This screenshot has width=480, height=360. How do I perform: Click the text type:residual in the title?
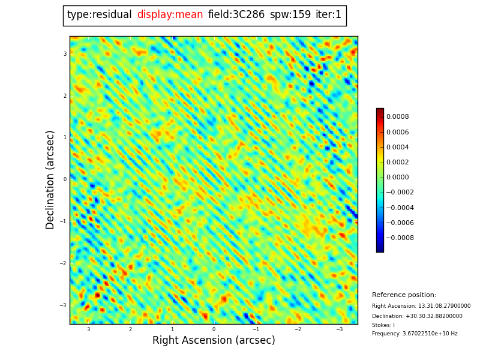[99, 15]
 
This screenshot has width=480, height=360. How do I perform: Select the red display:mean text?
[170, 15]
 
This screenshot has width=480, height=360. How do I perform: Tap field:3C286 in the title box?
[236, 15]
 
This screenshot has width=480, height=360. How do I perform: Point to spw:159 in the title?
[290, 15]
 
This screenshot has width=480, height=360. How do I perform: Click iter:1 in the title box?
[328, 15]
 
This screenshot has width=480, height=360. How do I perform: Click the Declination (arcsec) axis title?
[51, 179]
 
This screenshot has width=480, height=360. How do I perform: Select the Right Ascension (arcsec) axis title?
[214, 341]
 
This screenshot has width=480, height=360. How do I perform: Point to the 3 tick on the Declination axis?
[65, 54]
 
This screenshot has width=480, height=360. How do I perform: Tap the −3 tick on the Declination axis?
[64, 305]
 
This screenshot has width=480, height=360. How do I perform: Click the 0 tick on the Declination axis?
[65, 179]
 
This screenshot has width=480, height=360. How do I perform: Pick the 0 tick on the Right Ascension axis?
[214, 329]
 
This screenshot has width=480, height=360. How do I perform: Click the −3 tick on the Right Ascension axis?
[339, 329]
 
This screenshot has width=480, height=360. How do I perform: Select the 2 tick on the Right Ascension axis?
[130, 329]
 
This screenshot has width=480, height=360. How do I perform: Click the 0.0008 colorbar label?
[397, 117]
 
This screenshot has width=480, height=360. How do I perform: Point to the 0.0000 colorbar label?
[397, 178]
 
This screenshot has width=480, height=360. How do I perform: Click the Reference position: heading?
[404, 295]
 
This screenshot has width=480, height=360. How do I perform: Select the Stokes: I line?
[383, 325]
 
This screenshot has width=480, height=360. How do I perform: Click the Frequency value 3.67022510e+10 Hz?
[415, 334]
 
